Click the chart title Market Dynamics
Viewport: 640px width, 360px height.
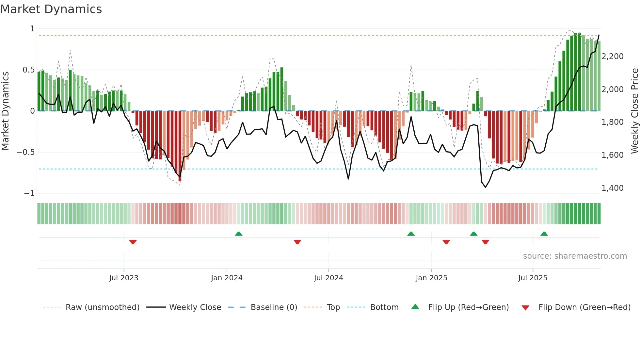coord(51,9)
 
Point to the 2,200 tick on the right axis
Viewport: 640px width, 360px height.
coord(613,57)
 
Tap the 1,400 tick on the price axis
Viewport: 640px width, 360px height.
coord(613,188)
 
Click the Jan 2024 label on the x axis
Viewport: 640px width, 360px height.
coord(227,278)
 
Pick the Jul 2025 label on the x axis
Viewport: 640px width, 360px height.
coord(533,278)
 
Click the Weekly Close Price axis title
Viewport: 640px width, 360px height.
coord(634,111)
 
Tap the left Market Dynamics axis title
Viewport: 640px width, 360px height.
coord(5,111)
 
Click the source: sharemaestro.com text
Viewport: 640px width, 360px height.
coord(575,256)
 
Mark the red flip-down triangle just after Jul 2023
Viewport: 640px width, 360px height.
coord(133,242)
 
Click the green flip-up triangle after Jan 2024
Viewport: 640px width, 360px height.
coord(239,234)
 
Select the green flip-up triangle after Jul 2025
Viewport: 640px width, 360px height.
coord(544,234)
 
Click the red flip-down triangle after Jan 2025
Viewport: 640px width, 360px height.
coord(446,242)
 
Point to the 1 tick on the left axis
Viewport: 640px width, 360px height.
coord(32,29)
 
